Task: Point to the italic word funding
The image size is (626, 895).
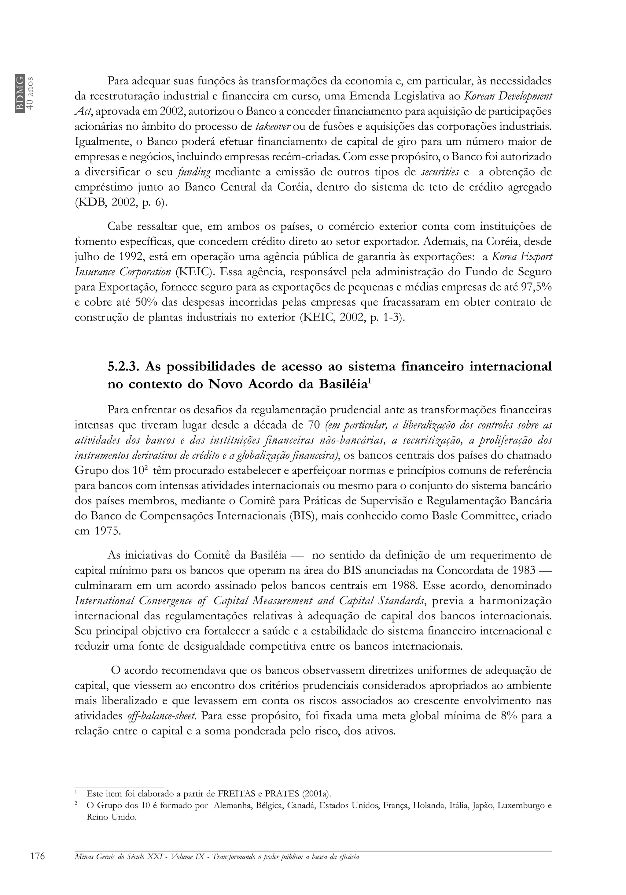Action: coord(193,172)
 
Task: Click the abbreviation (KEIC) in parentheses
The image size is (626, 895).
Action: coord(195,272)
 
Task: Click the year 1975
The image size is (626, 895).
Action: coord(108,532)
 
